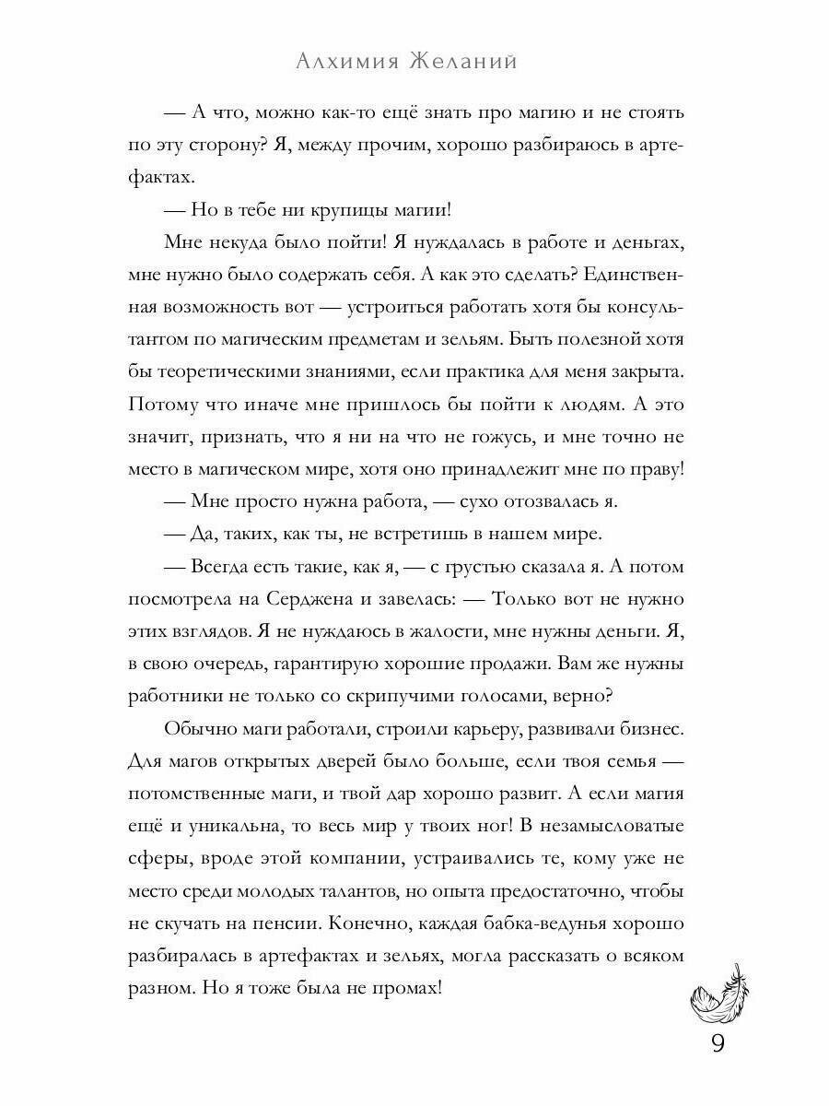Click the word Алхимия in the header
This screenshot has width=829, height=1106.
350,62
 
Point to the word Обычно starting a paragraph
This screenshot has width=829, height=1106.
199,729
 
